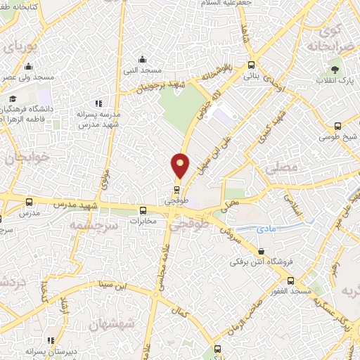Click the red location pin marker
pyautogui.click(x=181, y=166)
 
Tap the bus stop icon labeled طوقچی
pyautogui.click(x=176, y=189)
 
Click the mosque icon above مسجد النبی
pyautogui.click(x=143, y=59)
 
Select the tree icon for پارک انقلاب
pyautogui.click(x=335, y=69)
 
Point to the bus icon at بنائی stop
pyautogui.click(x=251, y=65)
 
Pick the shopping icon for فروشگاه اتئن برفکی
pyautogui.click(x=261, y=251)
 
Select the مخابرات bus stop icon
pyautogui.click(x=143, y=210)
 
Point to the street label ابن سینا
pyautogui.click(x=115, y=285)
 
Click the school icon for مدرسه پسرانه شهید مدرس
pyautogui.click(x=98, y=103)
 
